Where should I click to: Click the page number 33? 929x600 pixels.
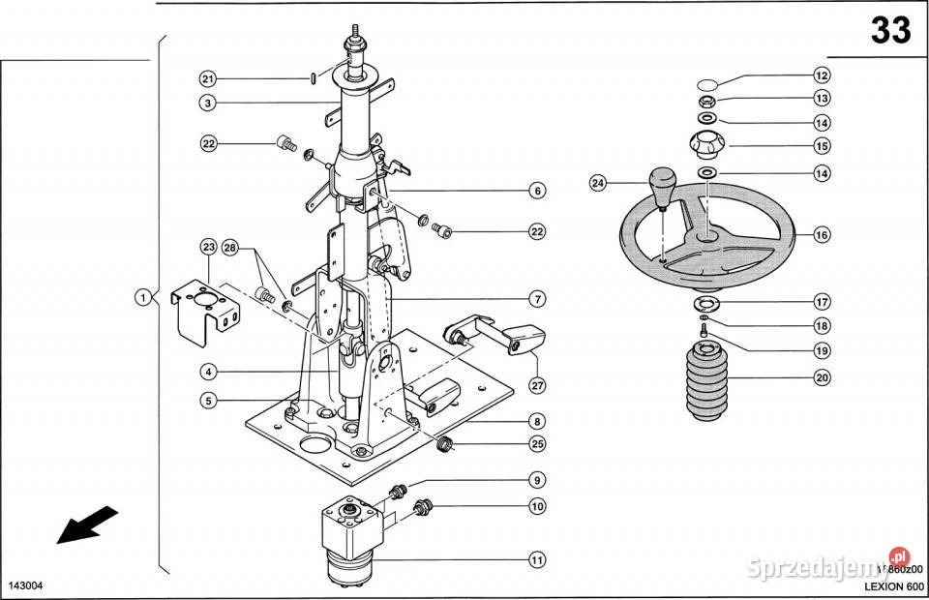[890, 31]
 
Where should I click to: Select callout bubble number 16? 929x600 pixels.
[822, 235]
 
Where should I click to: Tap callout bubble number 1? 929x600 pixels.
[141, 297]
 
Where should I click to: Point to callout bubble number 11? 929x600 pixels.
[535, 558]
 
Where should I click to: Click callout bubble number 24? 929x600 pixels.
[597, 182]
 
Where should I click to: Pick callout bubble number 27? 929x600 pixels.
[536, 384]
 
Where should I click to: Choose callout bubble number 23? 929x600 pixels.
[208, 247]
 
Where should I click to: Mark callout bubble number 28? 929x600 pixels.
[229, 247]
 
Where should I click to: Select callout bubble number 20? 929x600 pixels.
[822, 377]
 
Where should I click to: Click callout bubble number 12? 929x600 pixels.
[822, 75]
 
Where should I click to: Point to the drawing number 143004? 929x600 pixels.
[26, 586]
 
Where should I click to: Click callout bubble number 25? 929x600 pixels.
[536, 444]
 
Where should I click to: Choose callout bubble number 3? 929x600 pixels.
[208, 103]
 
